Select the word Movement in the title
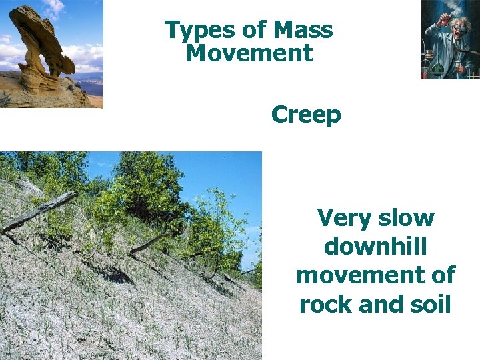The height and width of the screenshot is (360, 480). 249,53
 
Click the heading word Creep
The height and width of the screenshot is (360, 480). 306,115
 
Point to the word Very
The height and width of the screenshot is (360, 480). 345,218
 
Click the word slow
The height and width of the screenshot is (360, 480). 407,218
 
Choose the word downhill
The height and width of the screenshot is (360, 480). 375,247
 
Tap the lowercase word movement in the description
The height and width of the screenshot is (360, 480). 375,275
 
